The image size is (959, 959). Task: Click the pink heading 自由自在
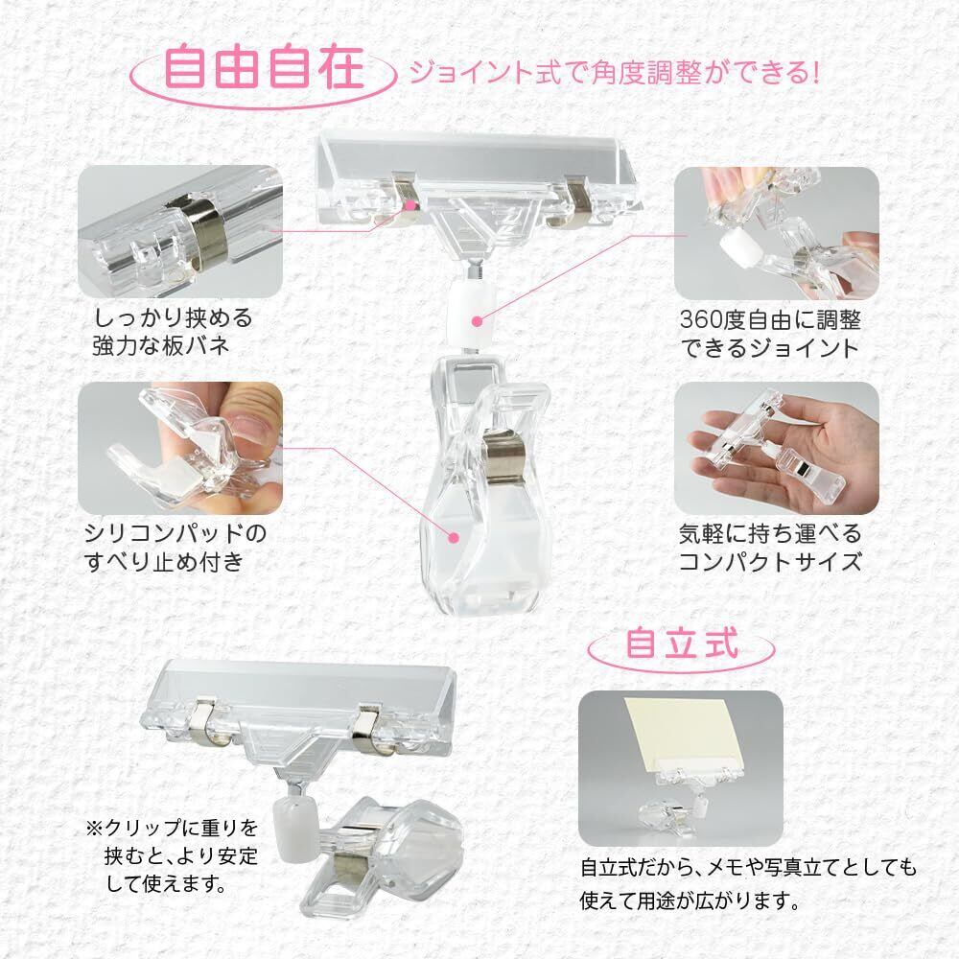264,68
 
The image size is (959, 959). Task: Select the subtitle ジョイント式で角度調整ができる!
613,73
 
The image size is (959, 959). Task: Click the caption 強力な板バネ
161,346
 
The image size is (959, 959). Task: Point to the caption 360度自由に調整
770,319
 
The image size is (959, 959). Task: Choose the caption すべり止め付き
164,561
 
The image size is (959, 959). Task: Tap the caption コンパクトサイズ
770,561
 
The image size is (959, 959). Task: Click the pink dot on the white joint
478,320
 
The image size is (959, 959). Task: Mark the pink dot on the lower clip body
453,538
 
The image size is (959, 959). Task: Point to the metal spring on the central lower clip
503,454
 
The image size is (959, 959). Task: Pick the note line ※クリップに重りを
172,829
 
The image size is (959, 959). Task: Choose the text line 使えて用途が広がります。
690,901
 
